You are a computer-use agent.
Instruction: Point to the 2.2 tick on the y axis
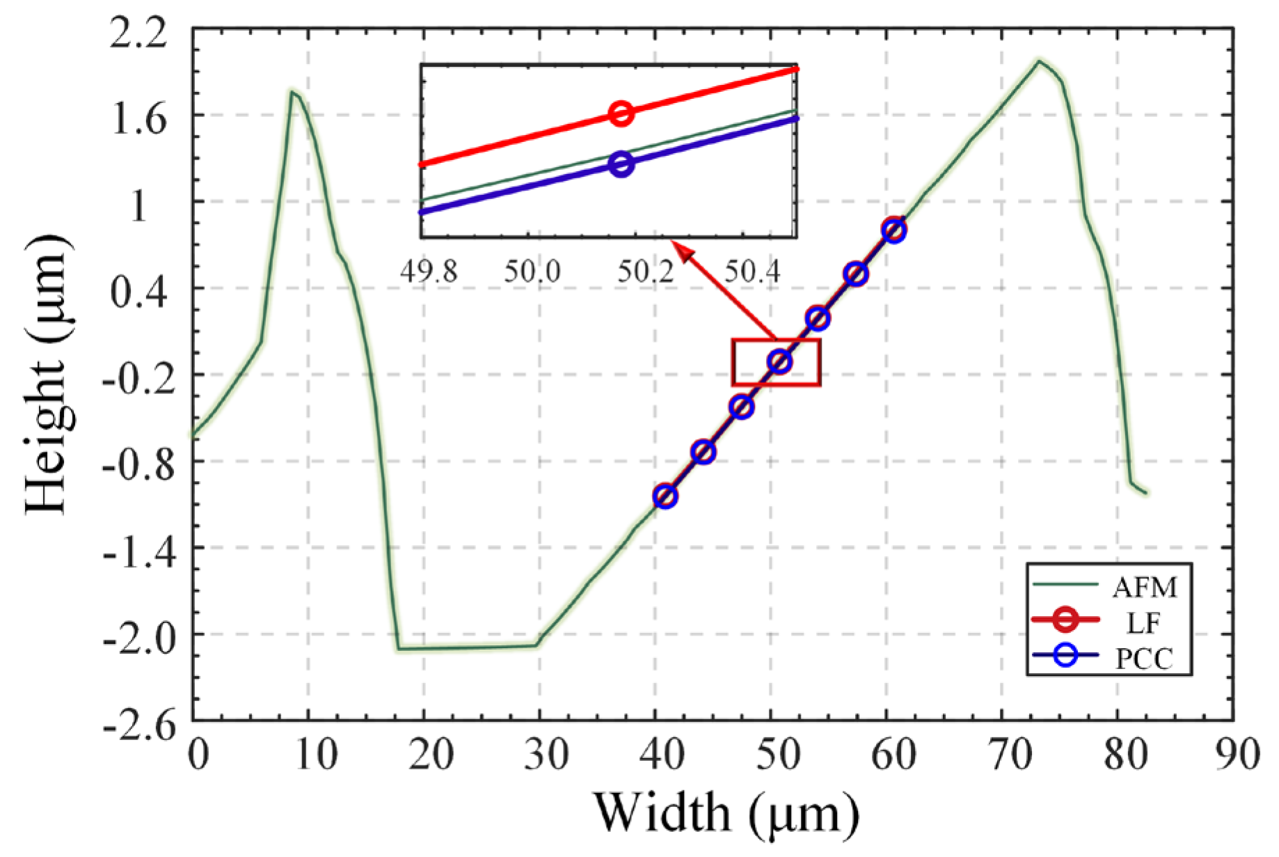(x=140, y=34)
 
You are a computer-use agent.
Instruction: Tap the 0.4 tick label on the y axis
(x=140, y=291)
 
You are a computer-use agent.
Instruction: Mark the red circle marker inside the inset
(x=621, y=113)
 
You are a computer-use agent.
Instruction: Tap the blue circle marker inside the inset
(x=621, y=164)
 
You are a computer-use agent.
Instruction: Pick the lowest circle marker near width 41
(x=665, y=496)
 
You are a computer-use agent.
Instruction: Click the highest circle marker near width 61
(x=894, y=230)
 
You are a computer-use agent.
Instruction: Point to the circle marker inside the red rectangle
(x=779, y=362)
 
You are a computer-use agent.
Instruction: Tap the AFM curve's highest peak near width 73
(x=1038, y=61)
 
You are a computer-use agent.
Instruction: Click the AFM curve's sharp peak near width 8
(x=292, y=92)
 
